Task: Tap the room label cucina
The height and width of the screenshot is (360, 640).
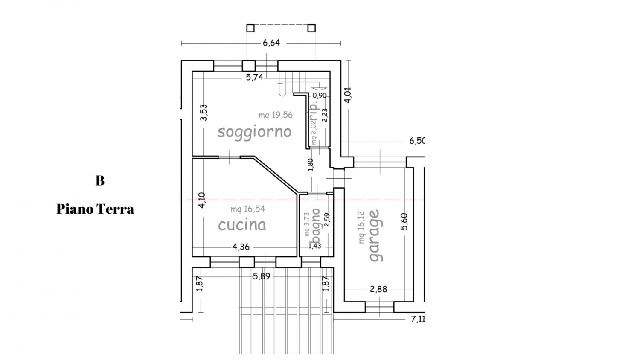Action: click(x=242, y=225)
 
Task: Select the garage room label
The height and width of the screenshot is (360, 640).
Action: click(x=375, y=236)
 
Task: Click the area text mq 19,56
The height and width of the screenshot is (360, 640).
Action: click(x=276, y=115)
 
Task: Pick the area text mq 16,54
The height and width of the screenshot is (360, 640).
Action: click(x=248, y=209)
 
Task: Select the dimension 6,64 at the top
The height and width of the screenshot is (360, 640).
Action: click(x=271, y=43)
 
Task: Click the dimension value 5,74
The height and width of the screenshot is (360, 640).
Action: click(x=255, y=78)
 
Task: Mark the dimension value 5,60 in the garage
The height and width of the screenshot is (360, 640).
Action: click(x=404, y=221)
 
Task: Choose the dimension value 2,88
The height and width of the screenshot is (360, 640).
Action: click(x=378, y=290)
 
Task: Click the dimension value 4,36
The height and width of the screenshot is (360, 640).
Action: click(x=241, y=247)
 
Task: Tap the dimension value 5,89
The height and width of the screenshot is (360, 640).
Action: click(x=262, y=276)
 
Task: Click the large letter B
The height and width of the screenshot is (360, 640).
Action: click(x=100, y=180)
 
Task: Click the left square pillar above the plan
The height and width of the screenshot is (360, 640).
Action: click(x=250, y=28)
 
